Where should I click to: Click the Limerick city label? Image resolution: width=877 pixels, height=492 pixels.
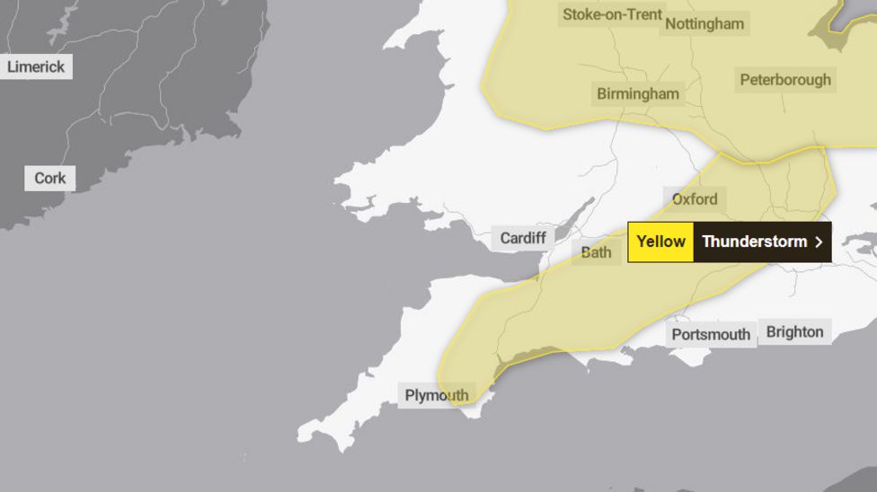point(36,66)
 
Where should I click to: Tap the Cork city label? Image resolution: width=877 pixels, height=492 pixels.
point(50,178)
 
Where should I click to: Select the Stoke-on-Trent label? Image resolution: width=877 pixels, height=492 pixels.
point(612,14)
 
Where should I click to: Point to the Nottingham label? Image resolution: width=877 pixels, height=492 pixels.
point(704,24)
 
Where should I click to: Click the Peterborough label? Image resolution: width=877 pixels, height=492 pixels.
point(785,80)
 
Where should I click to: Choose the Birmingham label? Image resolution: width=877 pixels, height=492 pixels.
point(638,93)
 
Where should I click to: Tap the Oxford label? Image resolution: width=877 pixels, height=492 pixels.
point(695,199)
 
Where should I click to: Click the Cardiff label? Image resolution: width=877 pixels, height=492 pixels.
point(523,238)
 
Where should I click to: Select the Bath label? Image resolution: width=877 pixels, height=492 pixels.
point(596,252)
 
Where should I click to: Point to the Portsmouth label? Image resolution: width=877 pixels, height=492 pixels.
point(711,335)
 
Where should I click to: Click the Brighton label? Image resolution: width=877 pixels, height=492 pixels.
point(794,332)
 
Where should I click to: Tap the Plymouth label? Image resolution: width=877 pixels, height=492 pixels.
point(437,395)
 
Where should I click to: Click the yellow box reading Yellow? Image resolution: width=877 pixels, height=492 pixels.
point(660,242)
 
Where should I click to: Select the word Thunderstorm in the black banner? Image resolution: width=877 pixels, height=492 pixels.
point(754,242)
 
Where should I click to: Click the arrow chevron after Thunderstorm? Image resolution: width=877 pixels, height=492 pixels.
point(818,242)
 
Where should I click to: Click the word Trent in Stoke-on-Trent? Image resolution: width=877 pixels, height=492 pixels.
point(643,14)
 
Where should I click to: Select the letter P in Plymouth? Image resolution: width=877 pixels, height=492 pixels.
point(410,395)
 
